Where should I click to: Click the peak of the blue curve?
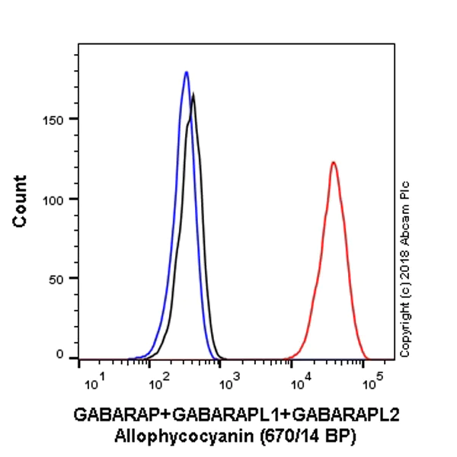click(186, 72)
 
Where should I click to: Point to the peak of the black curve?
click(194, 94)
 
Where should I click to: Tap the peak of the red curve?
click(333, 162)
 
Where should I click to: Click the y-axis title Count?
click(21, 201)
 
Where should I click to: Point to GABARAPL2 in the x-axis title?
click(346, 415)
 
